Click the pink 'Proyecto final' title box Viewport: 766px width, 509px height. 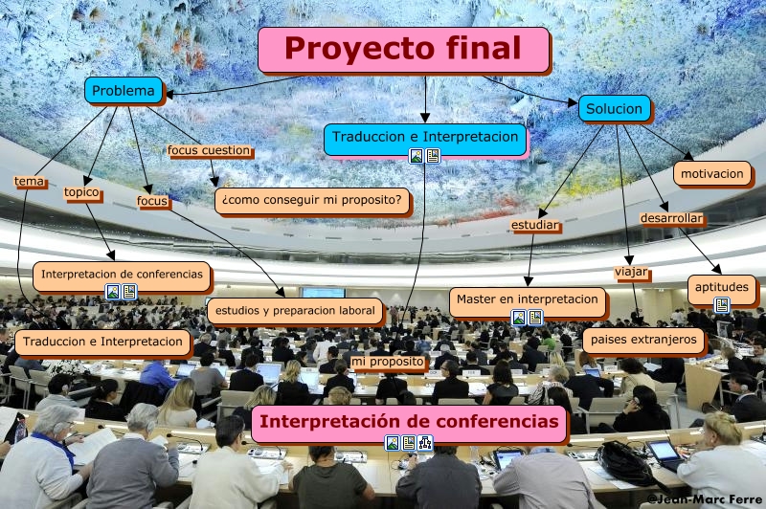[403, 50]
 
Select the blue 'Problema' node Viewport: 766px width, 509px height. [124, 90]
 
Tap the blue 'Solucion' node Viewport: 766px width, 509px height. [614, 108]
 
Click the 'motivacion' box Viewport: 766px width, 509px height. [711, 174]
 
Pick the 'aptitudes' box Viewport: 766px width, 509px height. [722, 287]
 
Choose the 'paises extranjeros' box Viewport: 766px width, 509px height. [643, 340]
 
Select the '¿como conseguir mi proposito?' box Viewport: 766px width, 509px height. [312, 200]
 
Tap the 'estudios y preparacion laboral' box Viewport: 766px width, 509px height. [295, 311]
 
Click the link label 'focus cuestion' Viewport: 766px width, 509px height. [209, 151]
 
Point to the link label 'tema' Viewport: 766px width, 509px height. [30, 182]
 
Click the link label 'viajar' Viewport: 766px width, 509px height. [631, 272]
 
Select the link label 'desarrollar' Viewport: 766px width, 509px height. [671, 219]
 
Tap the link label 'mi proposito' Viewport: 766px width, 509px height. [388, 362]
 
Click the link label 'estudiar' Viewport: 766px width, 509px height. [534, 225]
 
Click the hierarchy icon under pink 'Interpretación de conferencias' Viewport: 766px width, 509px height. [425, 443]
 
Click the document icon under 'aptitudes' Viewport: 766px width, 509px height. [722, 305]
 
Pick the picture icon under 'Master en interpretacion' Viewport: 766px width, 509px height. [519, 318]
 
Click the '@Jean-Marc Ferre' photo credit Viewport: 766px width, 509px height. [705, 499]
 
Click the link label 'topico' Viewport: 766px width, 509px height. [81, 192]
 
